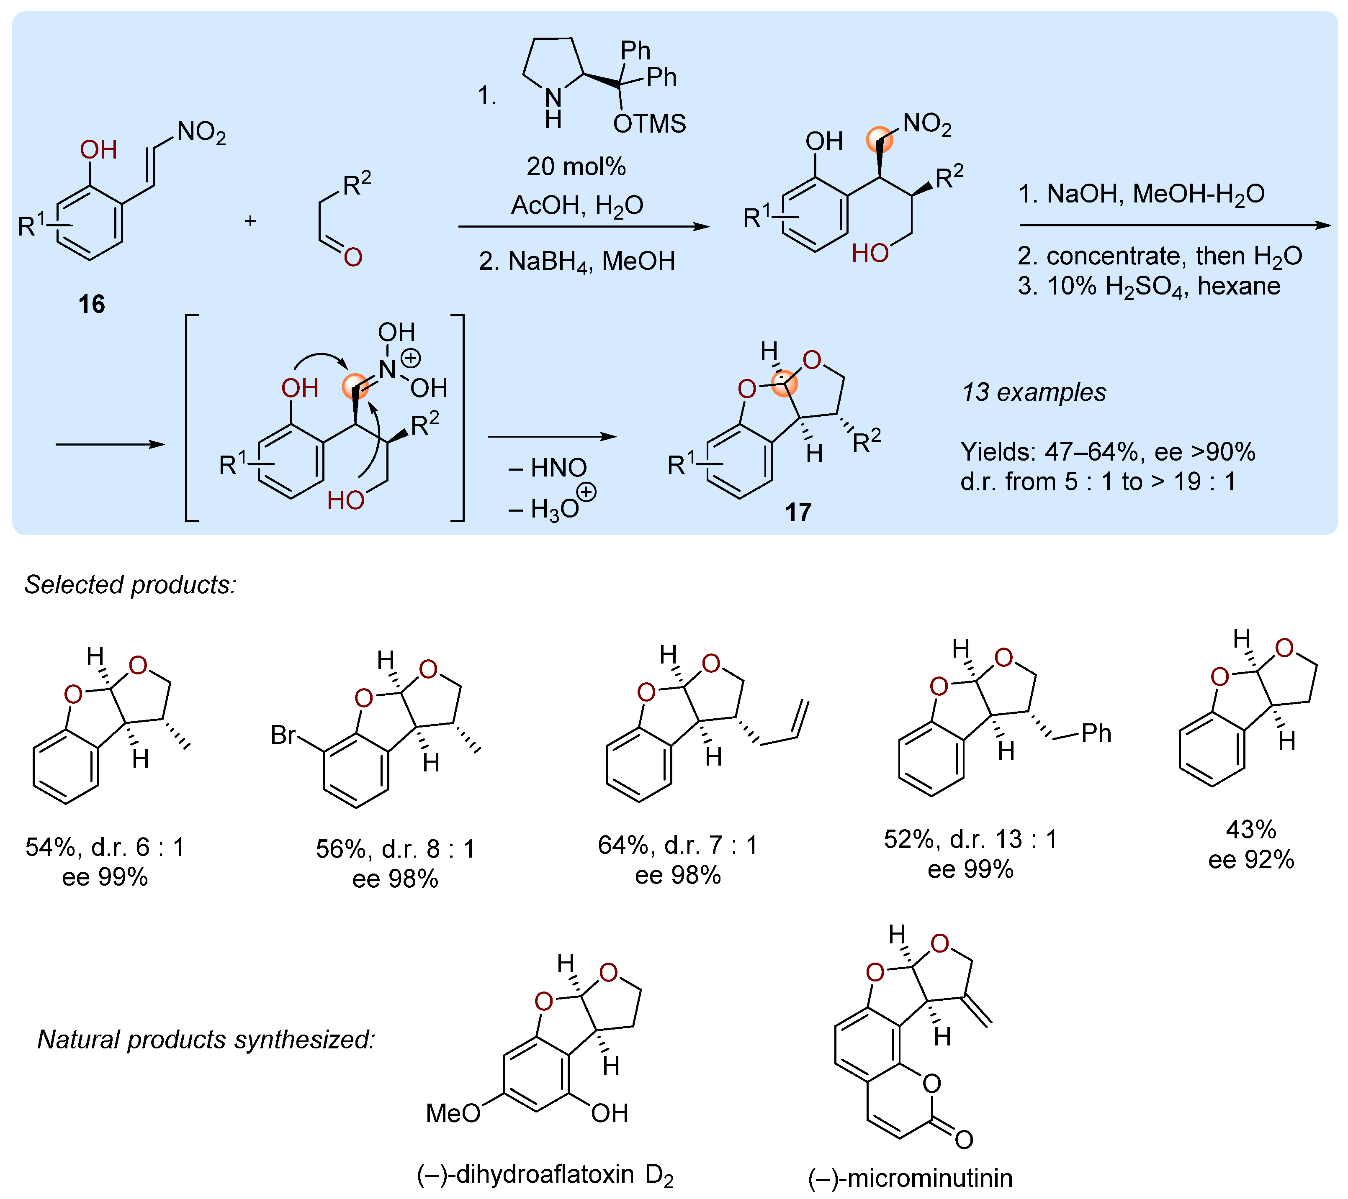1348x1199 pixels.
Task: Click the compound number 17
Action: point(797,512)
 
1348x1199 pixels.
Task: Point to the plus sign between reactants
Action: point(250,221)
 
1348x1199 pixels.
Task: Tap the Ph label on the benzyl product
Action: point(1096,733)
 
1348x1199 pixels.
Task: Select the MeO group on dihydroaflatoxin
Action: point(453,1113)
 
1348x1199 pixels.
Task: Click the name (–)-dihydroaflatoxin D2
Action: point(545,1175)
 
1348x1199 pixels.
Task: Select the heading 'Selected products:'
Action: point(130,585)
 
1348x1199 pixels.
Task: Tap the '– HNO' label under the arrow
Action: point(548,468)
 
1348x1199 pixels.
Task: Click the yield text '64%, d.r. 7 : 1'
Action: point(677,845)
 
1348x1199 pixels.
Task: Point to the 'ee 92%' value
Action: point(1250,860)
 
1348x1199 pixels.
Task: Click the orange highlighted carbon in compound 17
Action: point(784,383)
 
